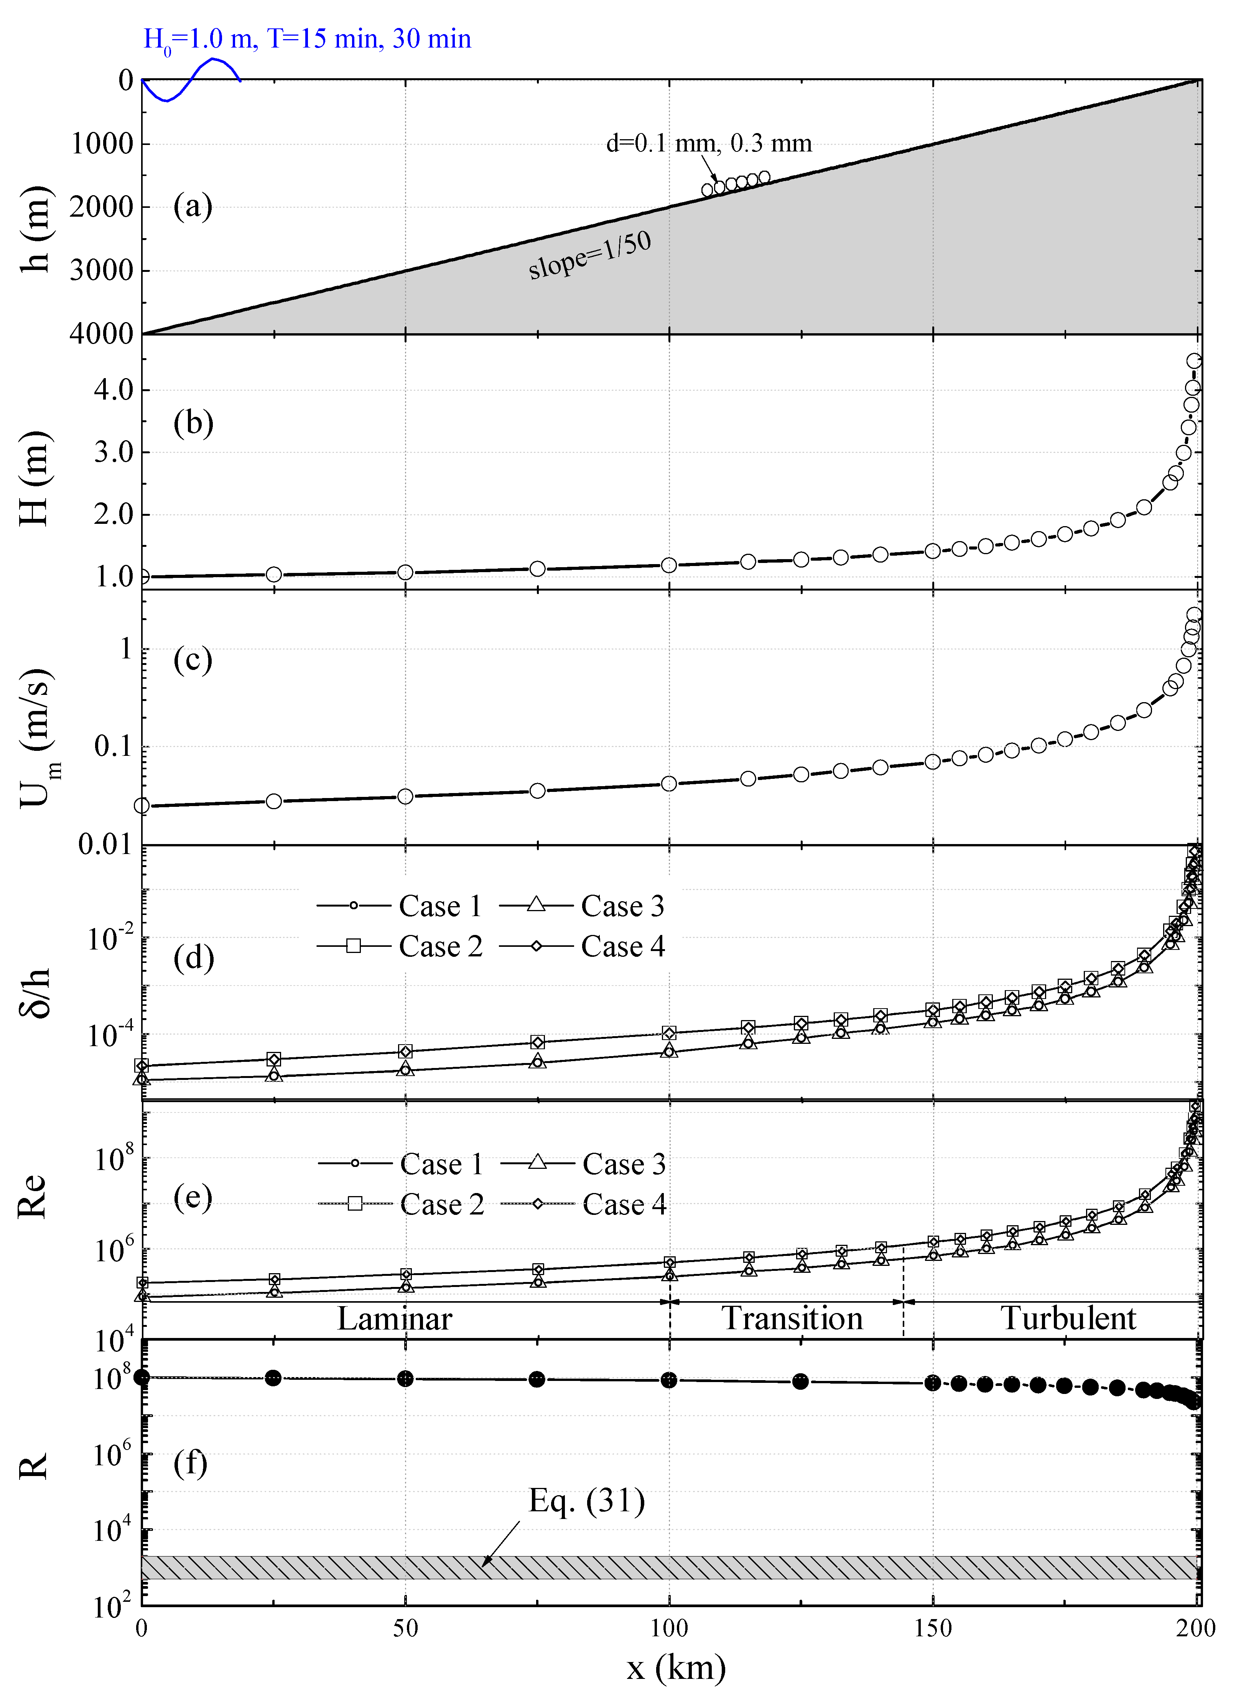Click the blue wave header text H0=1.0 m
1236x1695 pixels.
[x=198, y=39]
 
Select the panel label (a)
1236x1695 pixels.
[x=193, y=206]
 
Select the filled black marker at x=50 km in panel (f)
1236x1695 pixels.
[x=405, y=1379]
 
